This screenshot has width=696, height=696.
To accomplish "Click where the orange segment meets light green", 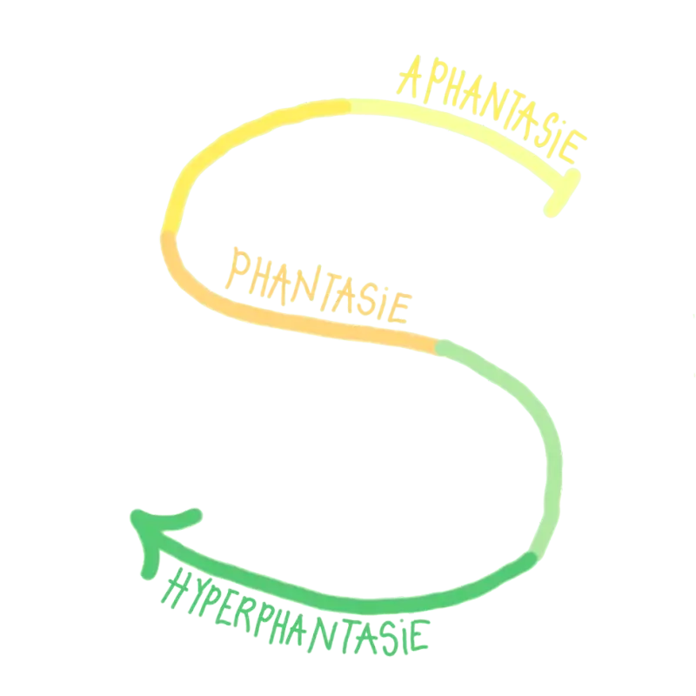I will tap(439, 346).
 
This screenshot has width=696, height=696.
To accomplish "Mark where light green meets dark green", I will tap(532, 552).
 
